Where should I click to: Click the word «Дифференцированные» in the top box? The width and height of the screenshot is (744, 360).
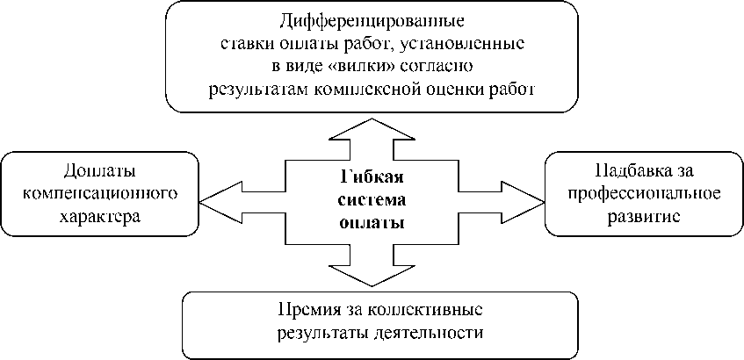pyautogui.click(x=372, y=19)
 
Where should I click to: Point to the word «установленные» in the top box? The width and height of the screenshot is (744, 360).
pyautogui.click(x=461, y=42)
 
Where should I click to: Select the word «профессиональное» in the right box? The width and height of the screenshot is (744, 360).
pyautogui.click(x=645, y=191)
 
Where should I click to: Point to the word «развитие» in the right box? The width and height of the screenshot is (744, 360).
pyautogui.click(x=645, y=213)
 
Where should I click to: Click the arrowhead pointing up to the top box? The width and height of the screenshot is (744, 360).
pyautogui.click(x=372, y=127)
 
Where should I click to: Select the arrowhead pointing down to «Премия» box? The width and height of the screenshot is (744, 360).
pyautogui.click(x=372, y=274)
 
